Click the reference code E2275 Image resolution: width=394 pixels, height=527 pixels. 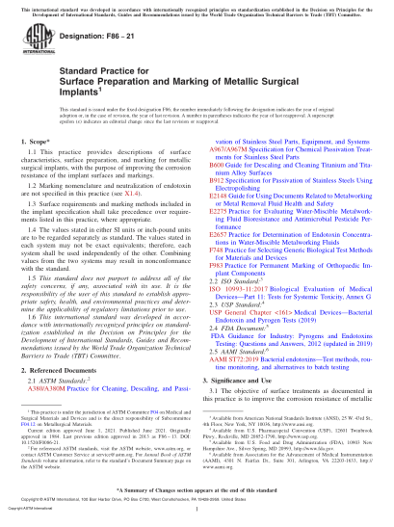coord(216,237)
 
